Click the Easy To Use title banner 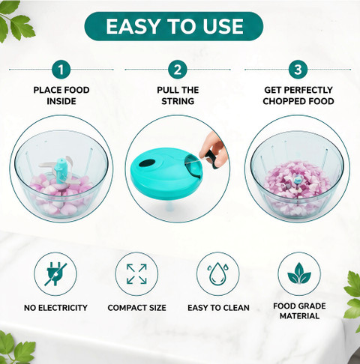click(x=174, y=26)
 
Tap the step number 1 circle click(x=61, y=70)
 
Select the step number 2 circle click(x=178, y=70)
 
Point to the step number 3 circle click(x=298, y=70)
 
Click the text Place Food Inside click(x=61, y=96)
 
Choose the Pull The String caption click(x=178, y=96)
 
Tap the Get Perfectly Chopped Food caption click(x=298, y=96)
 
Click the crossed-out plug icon click(x=55, y=274)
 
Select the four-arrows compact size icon click(x=136, y=274)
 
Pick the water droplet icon click(x=217, y=273)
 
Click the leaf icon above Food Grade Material click(x=299, y=273)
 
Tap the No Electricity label click(x=55, y=308)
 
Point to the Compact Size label click(x=136, y=308)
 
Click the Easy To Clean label click(x=218, y=308)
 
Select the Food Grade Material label click(x=299, y=311)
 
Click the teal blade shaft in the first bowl click(x=60, y=171)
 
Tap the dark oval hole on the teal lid click(x=148, y=163)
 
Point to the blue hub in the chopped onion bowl click(x=297, y=180)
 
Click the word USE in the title click(x=223, y=26)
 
